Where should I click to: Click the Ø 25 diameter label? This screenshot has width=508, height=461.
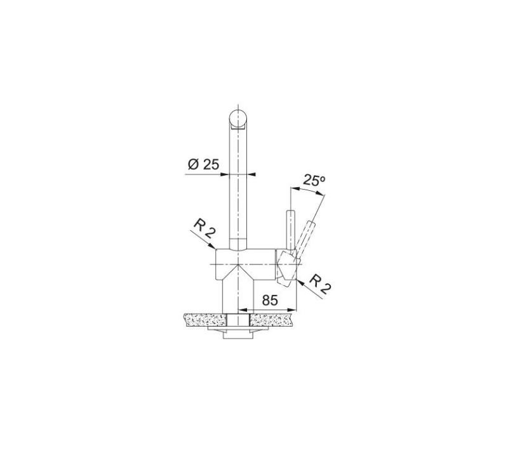coord(203,164)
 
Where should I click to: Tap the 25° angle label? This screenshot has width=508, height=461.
coord(314,181)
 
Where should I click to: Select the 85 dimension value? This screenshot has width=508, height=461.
coord(269,301)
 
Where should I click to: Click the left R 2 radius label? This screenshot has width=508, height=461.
coord(203,231)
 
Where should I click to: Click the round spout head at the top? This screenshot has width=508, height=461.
coord(237,119)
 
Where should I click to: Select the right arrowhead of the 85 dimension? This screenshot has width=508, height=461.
coord(295,310)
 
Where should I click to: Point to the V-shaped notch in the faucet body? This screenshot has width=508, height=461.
coord(237,269)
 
